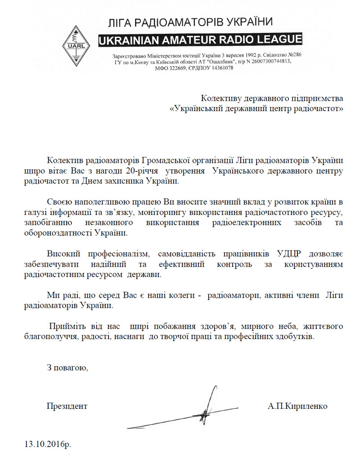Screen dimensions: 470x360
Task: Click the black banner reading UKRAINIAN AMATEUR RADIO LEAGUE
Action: tap(200, 40)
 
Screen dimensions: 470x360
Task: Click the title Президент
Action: tap(67, 406)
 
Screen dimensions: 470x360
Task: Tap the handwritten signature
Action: tap(198, 412)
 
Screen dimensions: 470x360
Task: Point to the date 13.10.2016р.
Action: tap(48, 444)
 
